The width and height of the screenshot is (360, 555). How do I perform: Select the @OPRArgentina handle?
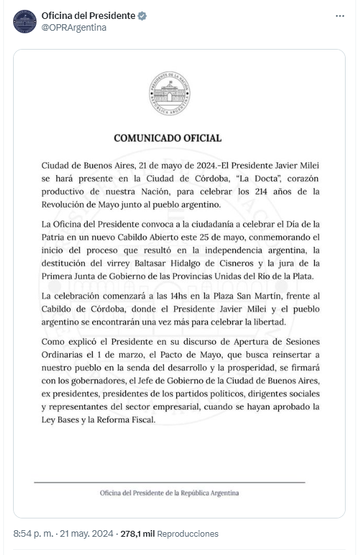click(x=74, y=27)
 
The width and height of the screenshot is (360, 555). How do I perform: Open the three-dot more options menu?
click(x=340, y=16)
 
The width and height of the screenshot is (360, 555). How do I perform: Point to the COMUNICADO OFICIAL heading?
click(x=168, y=138)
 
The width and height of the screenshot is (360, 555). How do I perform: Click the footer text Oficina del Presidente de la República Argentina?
click(x=169, y=493)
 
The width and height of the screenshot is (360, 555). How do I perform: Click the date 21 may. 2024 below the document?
click(x=86, y=534)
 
